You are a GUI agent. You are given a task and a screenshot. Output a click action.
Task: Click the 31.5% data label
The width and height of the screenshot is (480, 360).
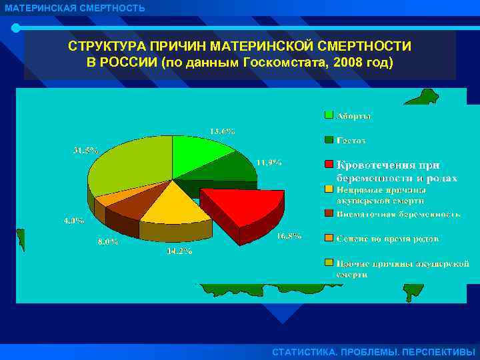(x=85, y=150)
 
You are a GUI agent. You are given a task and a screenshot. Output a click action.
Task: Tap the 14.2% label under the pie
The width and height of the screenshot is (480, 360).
(x=179, y=251)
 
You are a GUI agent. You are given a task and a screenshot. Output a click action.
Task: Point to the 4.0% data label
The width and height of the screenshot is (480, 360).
(x=73, y=221)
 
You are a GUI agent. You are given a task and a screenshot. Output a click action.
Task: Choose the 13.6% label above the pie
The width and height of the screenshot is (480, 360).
(x=222, y=131)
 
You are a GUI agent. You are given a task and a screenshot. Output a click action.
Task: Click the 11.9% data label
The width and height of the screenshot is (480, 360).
(x=269, y=162)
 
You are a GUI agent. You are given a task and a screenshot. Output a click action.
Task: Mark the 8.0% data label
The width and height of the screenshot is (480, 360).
(x=107, y=241)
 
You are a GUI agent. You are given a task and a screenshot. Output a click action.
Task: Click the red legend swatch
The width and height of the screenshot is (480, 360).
(x=329, y=164)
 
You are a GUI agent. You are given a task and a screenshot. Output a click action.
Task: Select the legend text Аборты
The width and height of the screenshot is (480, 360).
(x=353, y=115)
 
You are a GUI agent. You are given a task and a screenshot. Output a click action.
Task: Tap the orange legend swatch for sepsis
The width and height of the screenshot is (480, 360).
(x=329, y=238)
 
